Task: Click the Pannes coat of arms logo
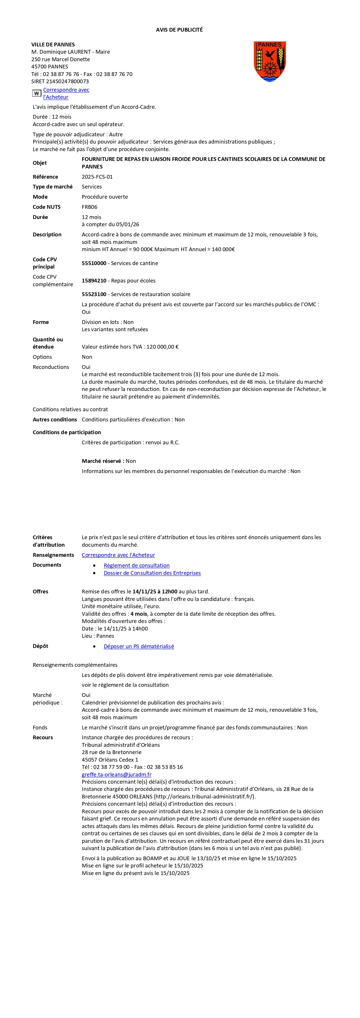coord(269,62)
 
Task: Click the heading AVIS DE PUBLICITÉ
coord(179,30)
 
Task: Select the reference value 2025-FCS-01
coord(97,177)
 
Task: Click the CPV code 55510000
coord(94,263)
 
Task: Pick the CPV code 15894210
coord(94,280)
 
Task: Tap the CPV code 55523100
coord(94,294)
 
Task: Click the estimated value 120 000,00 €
coord(162,347)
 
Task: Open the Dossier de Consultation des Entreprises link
coord(152,573)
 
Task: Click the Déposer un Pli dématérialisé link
coord(139,646)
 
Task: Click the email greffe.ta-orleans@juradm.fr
coord(117,775)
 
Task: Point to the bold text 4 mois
coord(139,614)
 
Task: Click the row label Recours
coord(43,738)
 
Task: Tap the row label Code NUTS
coord(47,207)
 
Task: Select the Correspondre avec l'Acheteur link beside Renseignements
coord(118,555)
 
